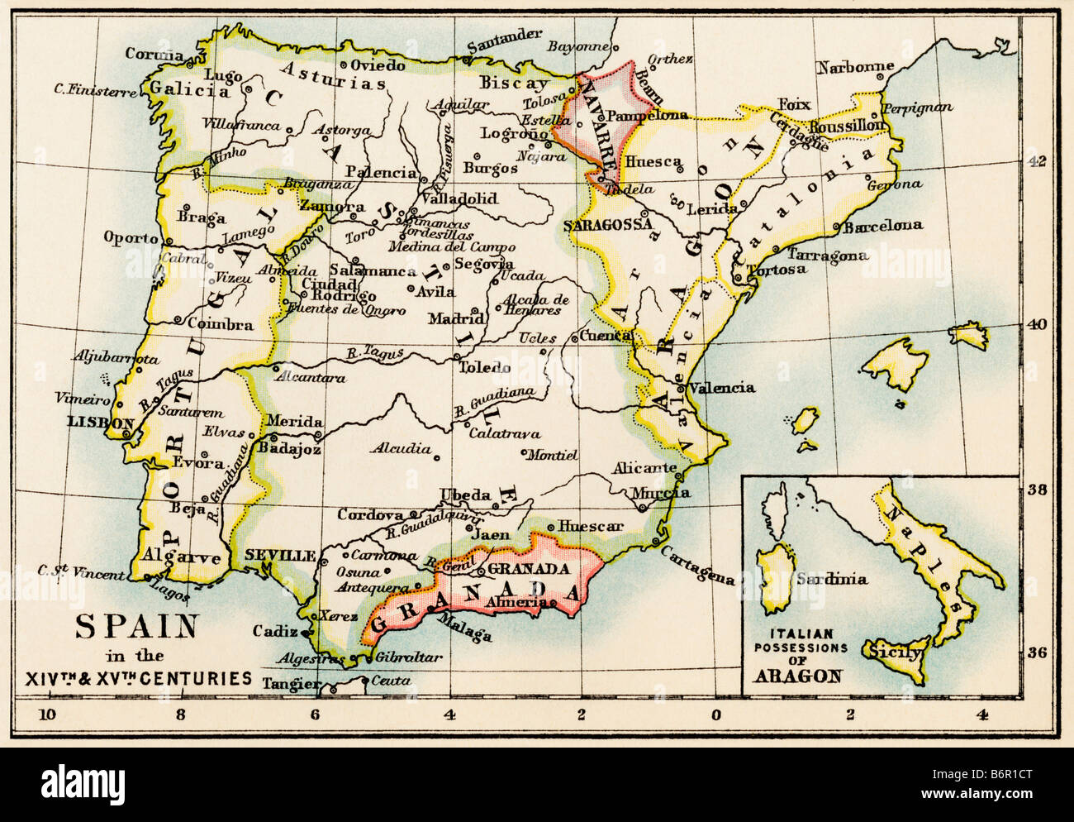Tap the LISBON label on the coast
coord(100,421)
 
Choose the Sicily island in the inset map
coord(894,653)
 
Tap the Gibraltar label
coord(408,657)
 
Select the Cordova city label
coord(370,514)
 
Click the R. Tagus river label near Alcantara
coord(374,354)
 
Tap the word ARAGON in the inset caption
coord(797,676)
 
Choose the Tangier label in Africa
coord(290,684)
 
